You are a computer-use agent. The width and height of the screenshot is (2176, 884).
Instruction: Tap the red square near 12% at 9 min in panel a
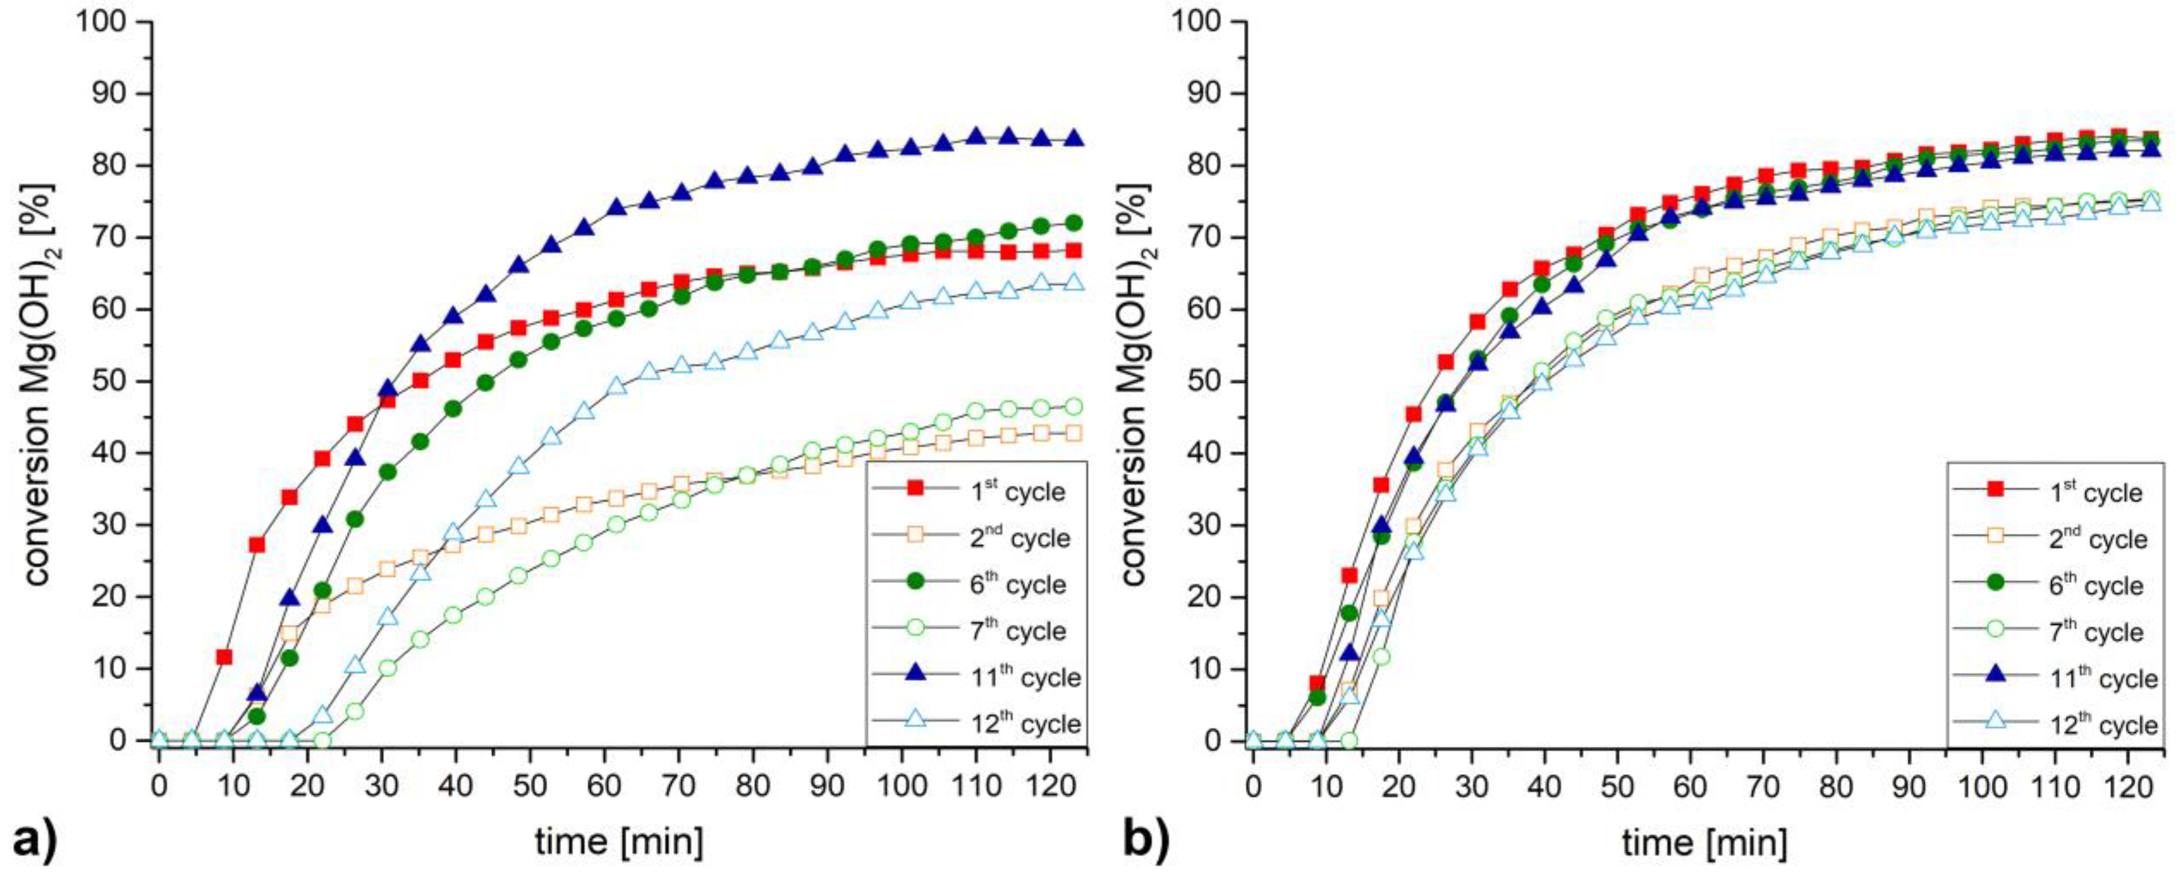click(224, 656)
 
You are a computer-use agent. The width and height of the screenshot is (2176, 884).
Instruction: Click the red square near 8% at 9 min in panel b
click(1317, 683)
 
